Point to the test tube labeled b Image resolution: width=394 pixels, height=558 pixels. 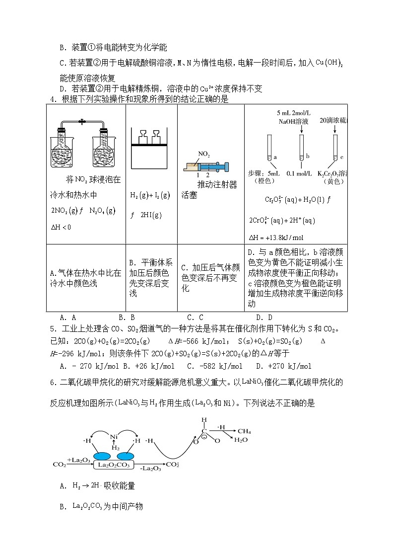pyautogui.click(x=301, y=148)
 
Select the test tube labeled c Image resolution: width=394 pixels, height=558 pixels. pyautogui.click(x=335, y=148)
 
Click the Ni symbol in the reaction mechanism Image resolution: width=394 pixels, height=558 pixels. pyautogui.click(x=114, y=437)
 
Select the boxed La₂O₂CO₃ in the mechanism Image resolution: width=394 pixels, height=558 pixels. pyautogui.click(x=114, y=465)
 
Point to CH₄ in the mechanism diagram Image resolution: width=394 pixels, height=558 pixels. pyautogui.click(x=244, y=431)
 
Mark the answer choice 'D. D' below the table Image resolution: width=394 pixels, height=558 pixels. pyautogui.click(x=264, y=317)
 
